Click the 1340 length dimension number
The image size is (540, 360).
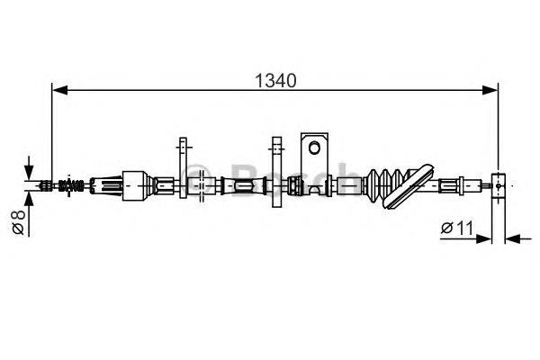tap(275, 81)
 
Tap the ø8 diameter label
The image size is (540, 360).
tap(18, 222)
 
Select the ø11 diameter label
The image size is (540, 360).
tap(457, 228)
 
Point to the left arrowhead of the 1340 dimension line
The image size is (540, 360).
tap(59, 90)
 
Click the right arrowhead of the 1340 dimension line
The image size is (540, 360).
tap(490, 90)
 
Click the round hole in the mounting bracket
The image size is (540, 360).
tap(314, 148)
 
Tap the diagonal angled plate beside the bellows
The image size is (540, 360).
tap(408, 186)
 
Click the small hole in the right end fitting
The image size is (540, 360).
tap(499, 185)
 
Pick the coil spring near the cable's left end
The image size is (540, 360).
tap(71, 185)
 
